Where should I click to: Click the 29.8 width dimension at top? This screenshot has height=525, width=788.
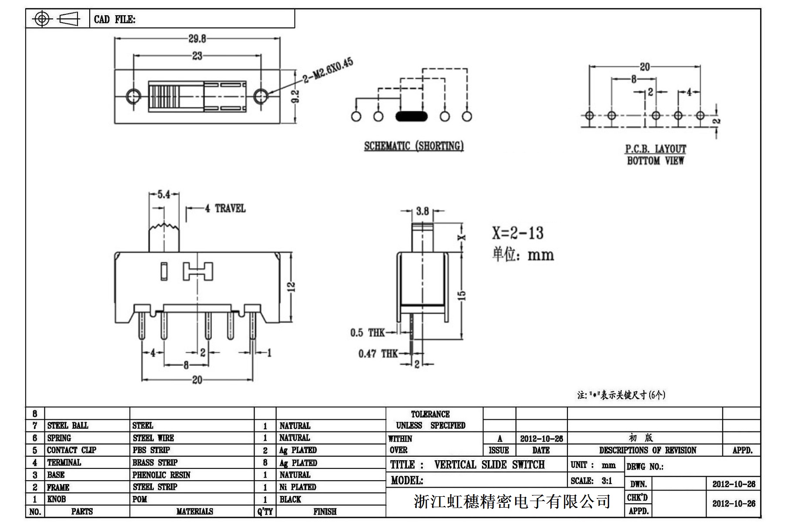197,39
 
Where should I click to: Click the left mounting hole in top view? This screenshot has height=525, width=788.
133,96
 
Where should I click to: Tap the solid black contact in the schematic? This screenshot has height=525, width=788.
411,116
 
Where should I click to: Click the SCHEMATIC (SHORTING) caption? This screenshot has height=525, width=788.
414,146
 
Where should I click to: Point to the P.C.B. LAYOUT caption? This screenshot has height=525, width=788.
655,149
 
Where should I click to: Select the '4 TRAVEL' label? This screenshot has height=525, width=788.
225,209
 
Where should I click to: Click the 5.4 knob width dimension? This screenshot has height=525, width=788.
164,194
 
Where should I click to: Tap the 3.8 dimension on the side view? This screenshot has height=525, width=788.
422,211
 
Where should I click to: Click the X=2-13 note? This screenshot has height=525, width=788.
518,233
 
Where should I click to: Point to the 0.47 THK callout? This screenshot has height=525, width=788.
378,354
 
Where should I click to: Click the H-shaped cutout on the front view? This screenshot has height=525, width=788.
198,271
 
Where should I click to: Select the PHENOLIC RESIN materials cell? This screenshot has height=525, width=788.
161,475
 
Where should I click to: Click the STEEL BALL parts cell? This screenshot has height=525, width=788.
67,425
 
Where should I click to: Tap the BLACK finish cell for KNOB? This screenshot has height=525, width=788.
290,499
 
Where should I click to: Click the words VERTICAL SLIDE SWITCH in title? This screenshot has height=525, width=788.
489,465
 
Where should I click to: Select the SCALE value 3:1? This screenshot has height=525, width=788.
607,481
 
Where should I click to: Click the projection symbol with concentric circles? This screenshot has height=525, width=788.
42,19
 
